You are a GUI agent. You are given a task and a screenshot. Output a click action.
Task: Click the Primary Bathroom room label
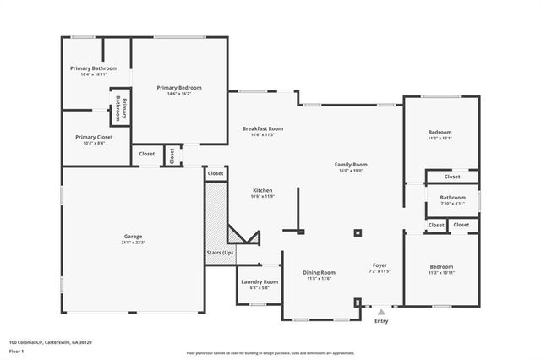click(93, 68)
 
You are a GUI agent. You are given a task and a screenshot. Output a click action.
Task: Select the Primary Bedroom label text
click(178, 88)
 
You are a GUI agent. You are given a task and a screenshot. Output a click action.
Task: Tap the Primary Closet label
click(93, 137)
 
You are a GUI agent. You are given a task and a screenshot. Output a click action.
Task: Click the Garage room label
click(132, 236)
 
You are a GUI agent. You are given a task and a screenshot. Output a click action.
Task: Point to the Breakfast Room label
click(262, 129)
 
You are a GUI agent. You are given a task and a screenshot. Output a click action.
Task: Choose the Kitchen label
click(262, 191)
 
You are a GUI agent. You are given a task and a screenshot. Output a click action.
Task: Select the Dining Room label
click(320, 273)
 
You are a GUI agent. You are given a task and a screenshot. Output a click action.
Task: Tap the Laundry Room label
click(260, 282)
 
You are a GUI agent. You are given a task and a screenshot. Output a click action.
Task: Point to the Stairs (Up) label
click(220, 253)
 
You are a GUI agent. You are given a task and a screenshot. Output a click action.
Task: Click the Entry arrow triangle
click(381, 312)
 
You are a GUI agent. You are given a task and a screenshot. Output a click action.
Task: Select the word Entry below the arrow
click(381, 321)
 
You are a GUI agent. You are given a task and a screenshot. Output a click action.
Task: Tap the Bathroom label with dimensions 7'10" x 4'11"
click(452, 199)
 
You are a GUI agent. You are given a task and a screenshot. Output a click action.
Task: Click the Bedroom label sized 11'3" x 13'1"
click(440, 133)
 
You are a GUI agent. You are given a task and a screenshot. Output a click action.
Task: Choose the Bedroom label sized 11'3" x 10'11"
click(441, 267)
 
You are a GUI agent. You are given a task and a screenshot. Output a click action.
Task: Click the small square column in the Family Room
click(358, 232)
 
